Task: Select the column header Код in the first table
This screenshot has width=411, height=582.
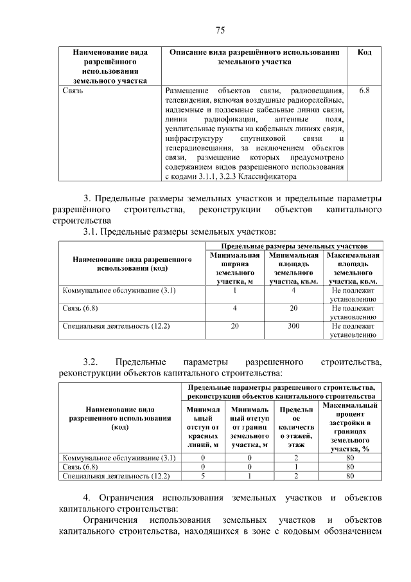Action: point(364,52)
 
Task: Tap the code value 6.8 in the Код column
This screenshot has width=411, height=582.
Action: point(364,91)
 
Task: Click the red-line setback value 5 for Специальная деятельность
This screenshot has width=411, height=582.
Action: point(203,477)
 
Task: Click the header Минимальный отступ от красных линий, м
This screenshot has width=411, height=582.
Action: point(203,426)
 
